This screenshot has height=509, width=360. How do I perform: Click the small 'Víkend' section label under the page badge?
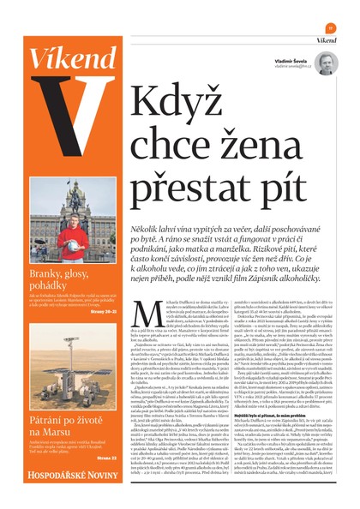pos(324,39)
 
